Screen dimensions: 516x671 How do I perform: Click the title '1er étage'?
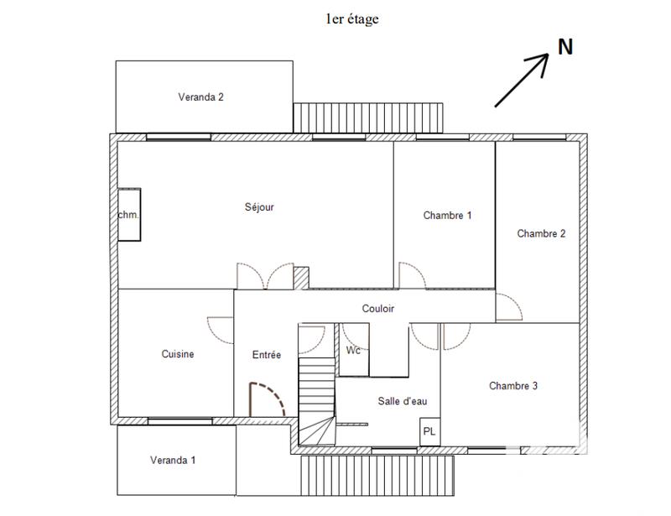[x=351, y=19]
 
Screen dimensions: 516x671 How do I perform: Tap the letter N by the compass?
[x=565, y=48]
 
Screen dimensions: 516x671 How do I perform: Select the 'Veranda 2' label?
[x=200, y=96]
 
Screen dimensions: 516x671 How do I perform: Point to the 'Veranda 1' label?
[x=174, y=460]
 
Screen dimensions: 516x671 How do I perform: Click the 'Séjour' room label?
[x=259, y=207]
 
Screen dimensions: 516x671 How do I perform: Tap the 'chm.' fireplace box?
[x=128, y=216]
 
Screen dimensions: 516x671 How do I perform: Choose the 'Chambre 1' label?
[x=447, y=216]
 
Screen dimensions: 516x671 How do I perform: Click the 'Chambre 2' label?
[x=541, y=234]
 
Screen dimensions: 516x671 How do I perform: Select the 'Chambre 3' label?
[x=513, y=386]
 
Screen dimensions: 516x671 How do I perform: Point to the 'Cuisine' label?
[x=178, y=354]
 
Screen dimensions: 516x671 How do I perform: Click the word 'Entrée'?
[x=267, y=355]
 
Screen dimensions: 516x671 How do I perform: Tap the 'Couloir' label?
[x=378, y=309]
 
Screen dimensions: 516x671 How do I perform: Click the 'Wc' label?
[x=354, y=351]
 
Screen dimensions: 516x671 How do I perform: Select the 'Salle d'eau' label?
[x=403, y=401]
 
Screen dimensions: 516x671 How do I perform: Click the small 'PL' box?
[x=429, y=432]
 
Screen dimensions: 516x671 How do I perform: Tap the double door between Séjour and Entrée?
[x=265, y=276]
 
